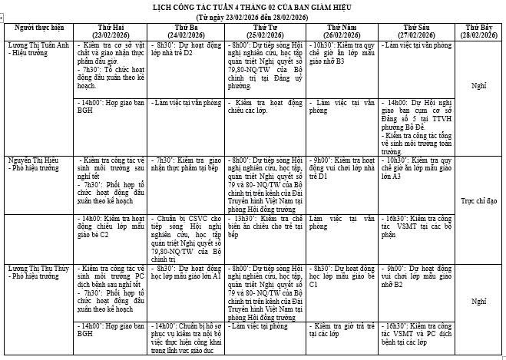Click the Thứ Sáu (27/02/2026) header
coord(415,31)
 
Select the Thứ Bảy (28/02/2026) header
coord(478,31)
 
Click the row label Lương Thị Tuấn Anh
coord(37,46)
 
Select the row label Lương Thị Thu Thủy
coord(38,269)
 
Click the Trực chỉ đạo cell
coord(478,199)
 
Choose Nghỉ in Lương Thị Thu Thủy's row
coord(478,302)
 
